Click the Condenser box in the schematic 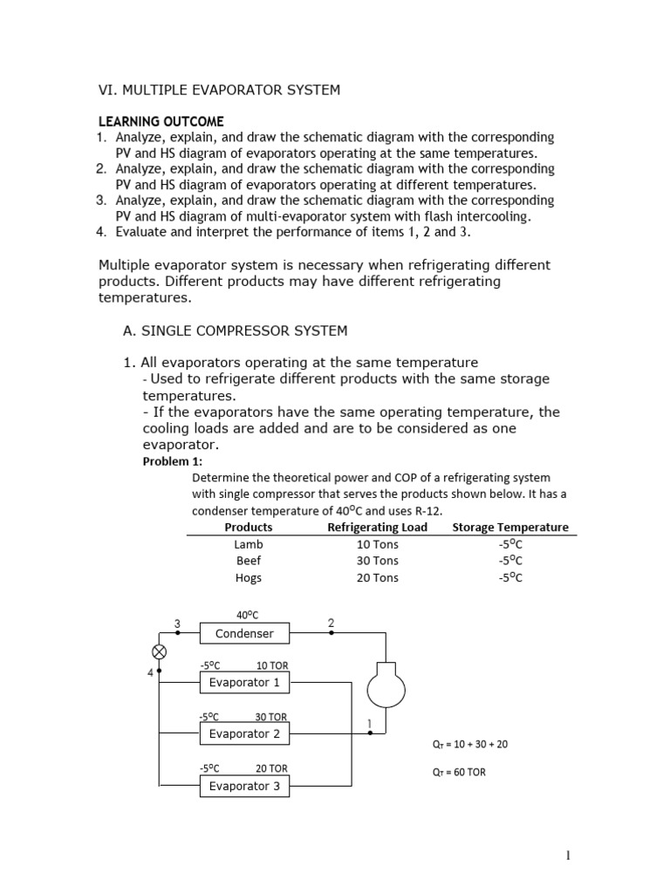[x=244, y=634]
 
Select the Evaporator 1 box [x=244, y=683]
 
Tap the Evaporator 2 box [x=244, y=734]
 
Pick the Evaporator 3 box [x=244, y=787]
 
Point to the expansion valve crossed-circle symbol [x=160, y=651]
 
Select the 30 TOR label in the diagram [x=271, y=717]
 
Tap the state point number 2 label [x=331, y=623]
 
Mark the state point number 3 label [x=177, y=623]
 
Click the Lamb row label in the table [x=249, y=544]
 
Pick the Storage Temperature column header [x=509, y=528]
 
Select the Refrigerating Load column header [x=377, y=528]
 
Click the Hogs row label [x=249, y=577]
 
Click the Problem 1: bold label [x=172, y=461]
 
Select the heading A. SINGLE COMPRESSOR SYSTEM [x=235, y=331]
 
